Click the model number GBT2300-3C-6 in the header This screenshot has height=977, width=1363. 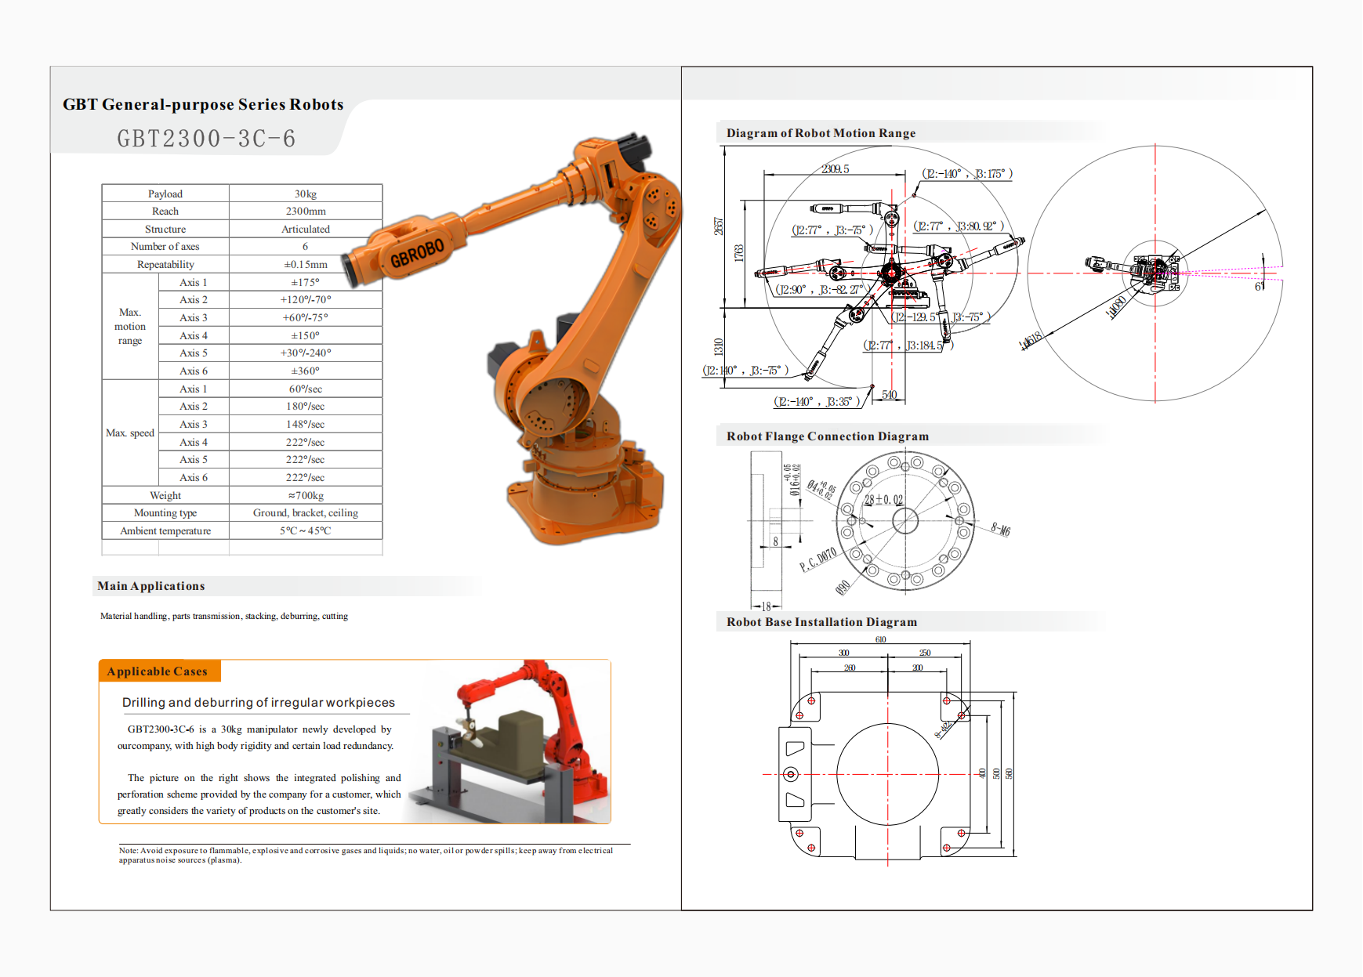pyautogui.click(x=206, y=139)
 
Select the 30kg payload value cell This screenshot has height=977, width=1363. pyautogui.click(x=306, y=194)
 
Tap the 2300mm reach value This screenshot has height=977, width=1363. pyautogui.click(x=306, y=212)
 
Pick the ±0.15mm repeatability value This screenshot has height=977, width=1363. pyautogui.click(x=306, y=265)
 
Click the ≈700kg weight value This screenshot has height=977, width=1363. pyautogui.click(x=306, y=496)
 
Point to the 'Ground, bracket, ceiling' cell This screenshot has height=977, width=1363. pyautogui.click(x=306, y=513)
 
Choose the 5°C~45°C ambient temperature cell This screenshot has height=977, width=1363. pyautogui.click(x=306, y=531)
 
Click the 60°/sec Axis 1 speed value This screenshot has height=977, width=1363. pyautogui.click(x=306, y=389)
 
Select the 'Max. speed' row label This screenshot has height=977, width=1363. pyautogui.click(x=130, y=433)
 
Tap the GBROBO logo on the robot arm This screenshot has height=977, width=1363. pyautogui.click(x=417, y=252)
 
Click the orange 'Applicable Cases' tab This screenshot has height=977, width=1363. pyautogui.click(x=158, y=671)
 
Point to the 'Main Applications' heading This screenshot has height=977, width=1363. pyautogui.click(x=151, y=586)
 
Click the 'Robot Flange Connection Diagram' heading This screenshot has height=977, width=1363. pyautogui.click(x=827, y=436)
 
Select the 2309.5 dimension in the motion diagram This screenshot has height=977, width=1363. pyautogui.click(x=836, y=169)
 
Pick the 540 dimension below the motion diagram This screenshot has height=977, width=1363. pyautogui.click(x=889, y=395)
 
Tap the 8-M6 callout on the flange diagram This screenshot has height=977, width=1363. pyautogui.click(x=1000, y=530)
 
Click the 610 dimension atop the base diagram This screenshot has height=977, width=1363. pyautogui.click(x=881, y=640)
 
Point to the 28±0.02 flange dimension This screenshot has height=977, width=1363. pyautogui.click(x=883, y=500)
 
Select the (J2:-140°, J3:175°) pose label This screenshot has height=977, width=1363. pyautogui.click(x=967, y=174)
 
